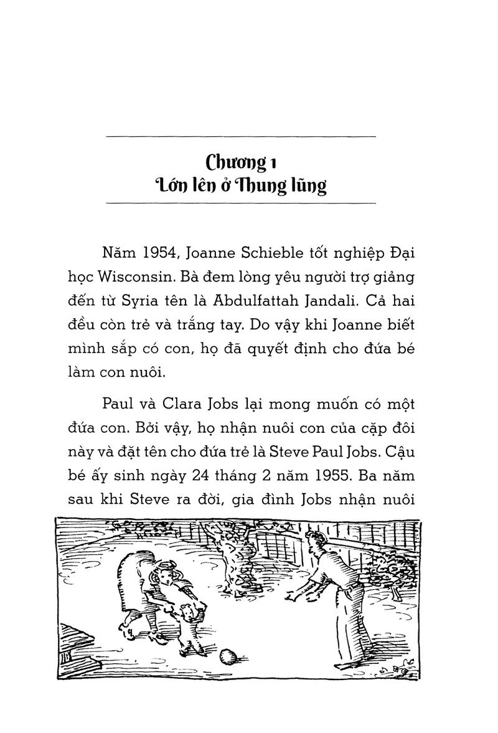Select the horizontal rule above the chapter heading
pyautogui.click(x=241, y=136)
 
